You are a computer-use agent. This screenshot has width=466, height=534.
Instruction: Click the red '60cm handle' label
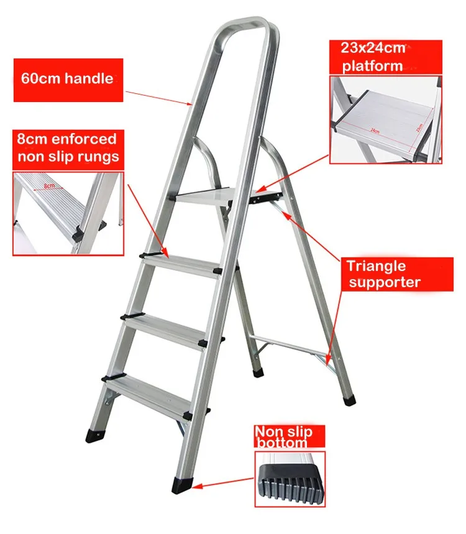pyautogui.click(x=68, y=80)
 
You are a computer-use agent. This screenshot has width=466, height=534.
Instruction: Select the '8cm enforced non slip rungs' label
pyautogui.click(x=68, y=147)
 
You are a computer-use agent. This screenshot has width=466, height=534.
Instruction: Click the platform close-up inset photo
pyautogui.click(x=385, y=118)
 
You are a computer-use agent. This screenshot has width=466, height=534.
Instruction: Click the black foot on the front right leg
pyautogui.click(x=183, y=482)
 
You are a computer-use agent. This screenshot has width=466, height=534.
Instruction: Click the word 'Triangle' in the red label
pyautogui.click(x=376, y=267)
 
